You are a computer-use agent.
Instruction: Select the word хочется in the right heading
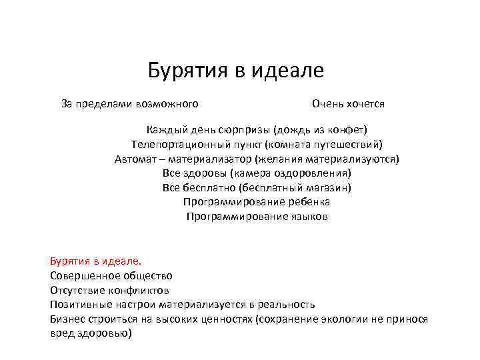click(363, 104)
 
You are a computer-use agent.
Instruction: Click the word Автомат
click(136, 159)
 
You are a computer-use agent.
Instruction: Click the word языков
click(309, 217)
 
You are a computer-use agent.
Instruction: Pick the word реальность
click(287, 305)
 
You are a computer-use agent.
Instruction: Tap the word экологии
click(345, 319)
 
